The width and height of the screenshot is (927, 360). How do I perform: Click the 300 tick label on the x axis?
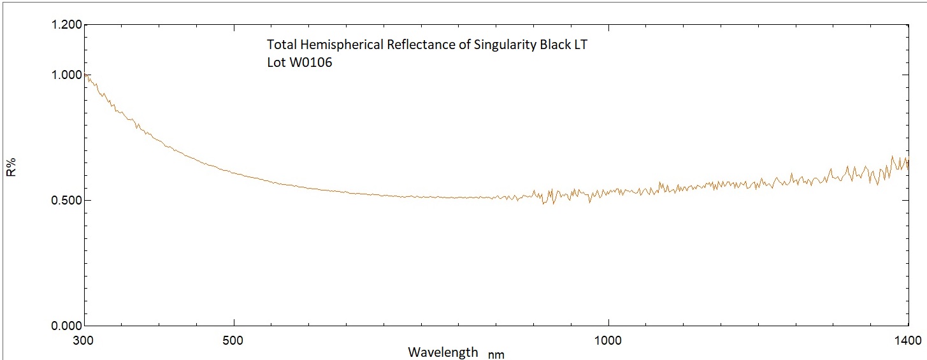(84, 339)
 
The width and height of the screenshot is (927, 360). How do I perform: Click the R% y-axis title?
(11, 169)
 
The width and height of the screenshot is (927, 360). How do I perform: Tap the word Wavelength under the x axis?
(443, 352)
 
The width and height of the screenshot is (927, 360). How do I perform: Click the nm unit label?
(496, 354)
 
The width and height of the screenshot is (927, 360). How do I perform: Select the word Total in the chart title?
(280, 45)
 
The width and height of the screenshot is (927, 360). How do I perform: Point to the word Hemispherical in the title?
(330, 46)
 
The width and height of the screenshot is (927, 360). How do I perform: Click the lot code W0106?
(310, 63)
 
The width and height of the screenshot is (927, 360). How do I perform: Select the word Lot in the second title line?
(276, 63)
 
